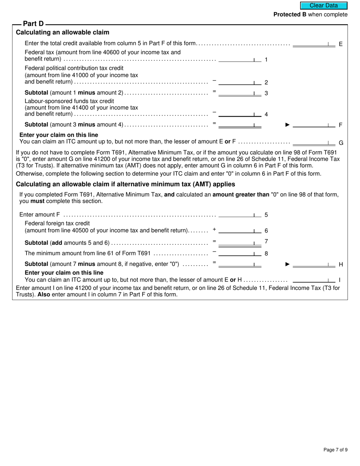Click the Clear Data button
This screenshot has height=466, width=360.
tap(324, 5)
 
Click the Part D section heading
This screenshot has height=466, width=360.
tap(33, 24)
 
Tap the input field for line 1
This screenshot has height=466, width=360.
tap(240, 59)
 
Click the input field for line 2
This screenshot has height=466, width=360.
tap(240, 82)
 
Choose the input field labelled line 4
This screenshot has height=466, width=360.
tap(240, 114)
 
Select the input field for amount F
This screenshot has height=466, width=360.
tap(314, 124)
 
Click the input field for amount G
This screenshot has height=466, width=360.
tap(314, 142)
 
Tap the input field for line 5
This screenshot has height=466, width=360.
tap(240, 214)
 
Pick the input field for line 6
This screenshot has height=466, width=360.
tap(240, 230)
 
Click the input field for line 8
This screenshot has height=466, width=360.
tap(240, 253)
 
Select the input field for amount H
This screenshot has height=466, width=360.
tap(314, 264)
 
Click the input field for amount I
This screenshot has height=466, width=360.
tap(314, 280)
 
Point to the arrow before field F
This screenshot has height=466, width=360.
tap(287, 125)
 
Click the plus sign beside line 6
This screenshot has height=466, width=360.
tap(214, 229)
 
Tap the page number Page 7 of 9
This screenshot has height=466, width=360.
tap(335, 450)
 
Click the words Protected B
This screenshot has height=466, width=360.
tap(290, 14)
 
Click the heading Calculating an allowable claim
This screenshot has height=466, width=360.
tap(63, 33)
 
